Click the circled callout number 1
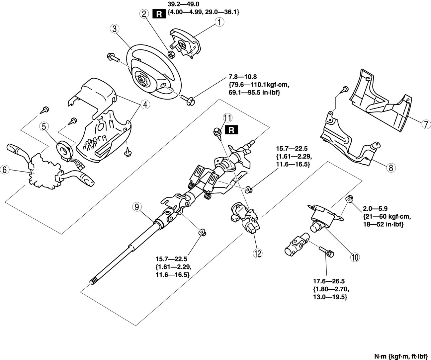[219, 22]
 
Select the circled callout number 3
[114, 29]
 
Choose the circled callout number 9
[136, 207]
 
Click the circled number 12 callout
[257, 253]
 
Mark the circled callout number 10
[355, 256]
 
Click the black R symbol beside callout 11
[231, 130]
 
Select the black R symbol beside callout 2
[158, 14]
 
